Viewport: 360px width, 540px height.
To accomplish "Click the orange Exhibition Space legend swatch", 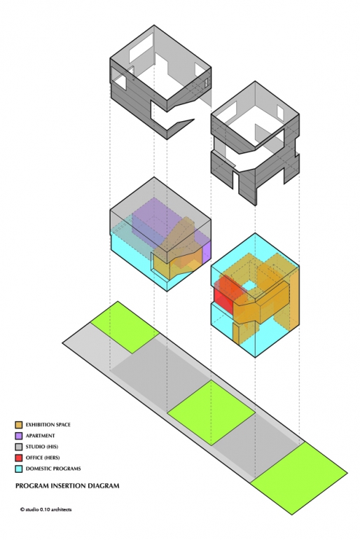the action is (x=19, y=424).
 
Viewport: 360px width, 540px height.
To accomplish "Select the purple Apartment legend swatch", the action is (x=19, y=436).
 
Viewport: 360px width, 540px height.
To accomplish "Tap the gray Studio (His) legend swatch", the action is (x=19, y=447).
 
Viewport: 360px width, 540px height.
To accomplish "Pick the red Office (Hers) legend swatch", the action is (x=19, y=457).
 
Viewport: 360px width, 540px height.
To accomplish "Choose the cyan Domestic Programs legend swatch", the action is (x=19, y=469).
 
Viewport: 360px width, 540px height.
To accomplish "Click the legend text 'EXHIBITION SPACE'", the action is (x=48, y=424).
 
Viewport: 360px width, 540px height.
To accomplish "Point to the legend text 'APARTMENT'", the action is (x=41, y=436).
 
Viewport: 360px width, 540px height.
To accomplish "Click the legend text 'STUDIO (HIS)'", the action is (x=42, y=447).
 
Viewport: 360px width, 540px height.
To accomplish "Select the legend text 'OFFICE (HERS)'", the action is (x=43, y=457).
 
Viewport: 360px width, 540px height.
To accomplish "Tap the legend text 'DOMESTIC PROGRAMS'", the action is (x=53, y=469).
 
